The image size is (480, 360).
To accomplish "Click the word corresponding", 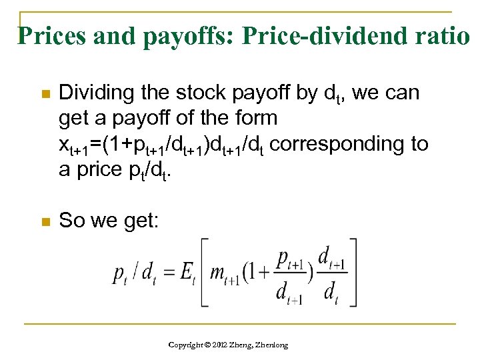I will (x=333, y=143).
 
